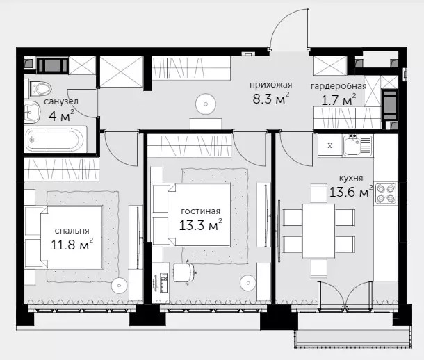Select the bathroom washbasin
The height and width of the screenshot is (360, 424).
pyautogui.click(x=32, y=112)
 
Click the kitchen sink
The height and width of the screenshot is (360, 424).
pyautogui.click(x=357, y=145)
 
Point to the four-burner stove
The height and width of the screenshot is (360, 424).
pyautogui.click(x=386, y=193)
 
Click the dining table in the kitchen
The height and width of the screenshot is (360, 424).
pyautogui.click(x=318, y=231)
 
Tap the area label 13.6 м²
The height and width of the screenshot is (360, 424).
pyautogui.click(x=351, y=192)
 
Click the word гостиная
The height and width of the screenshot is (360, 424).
pyautogui.click(x=200, y=211)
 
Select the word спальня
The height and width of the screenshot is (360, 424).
pyautogui.click(x=72, y=231)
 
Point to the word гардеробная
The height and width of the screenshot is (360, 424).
pyautogui.click(x=339, y=86)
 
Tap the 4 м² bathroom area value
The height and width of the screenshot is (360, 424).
pyautogui.click(x=61, y=115)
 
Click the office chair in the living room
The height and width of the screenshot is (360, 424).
pyautogui.click(x=184, y=272)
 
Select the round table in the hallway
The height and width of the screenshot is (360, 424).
pyautogui.click(x=206, y=104)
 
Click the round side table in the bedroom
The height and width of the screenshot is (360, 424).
pyautogui.click(x=119, y=284)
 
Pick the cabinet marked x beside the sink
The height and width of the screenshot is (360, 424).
pyautogui.click(x=330, y=146)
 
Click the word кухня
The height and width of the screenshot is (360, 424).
pyautogui.click(x=351, y=178)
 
